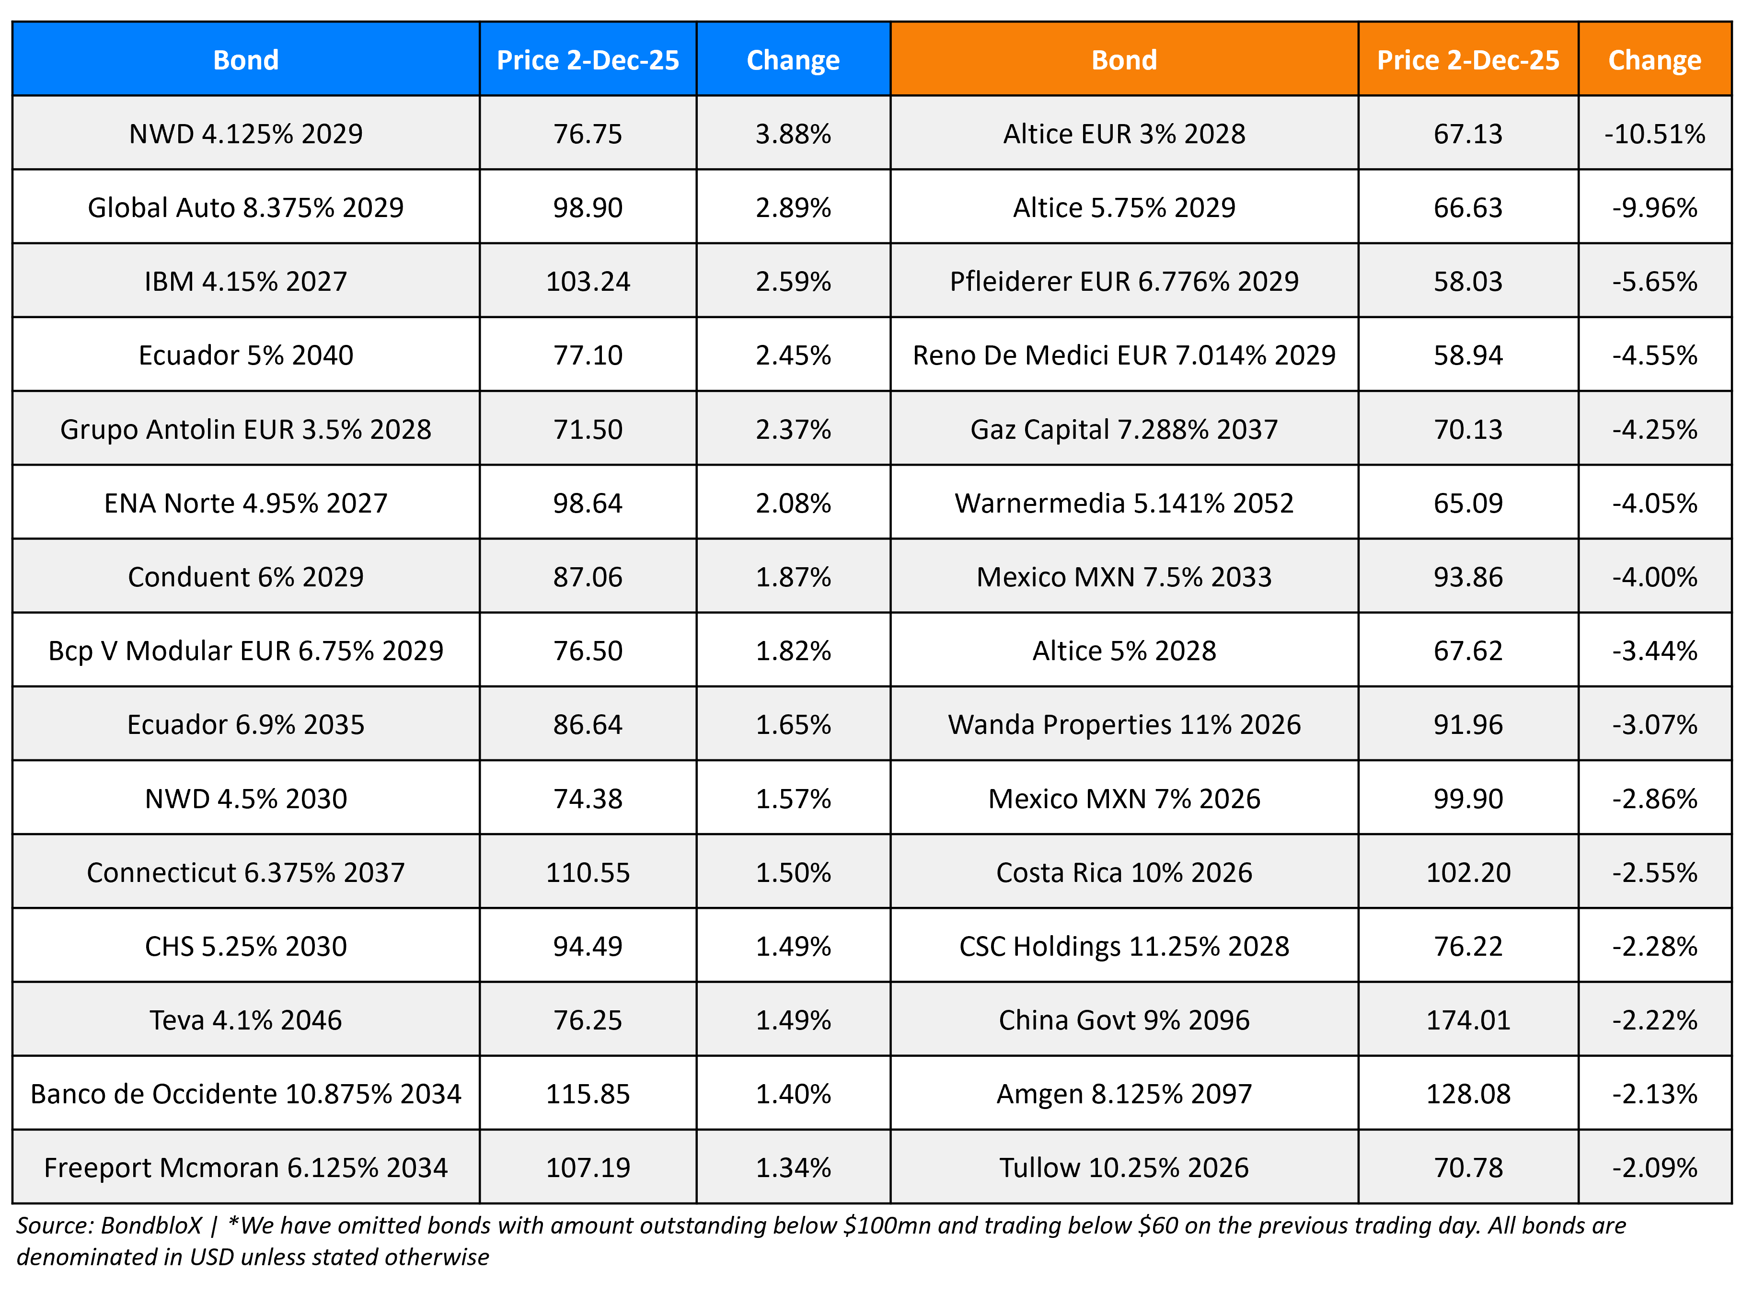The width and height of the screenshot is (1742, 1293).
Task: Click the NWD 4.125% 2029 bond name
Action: click(246, 134)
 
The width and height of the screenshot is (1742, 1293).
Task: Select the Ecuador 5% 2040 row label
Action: click(246, 355)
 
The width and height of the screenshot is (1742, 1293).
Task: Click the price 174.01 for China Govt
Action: click(1467, 1020)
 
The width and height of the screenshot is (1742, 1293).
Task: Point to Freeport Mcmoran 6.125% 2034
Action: click(246, 1168)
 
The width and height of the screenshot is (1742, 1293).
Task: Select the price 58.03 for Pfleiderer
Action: click(1467, 281)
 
